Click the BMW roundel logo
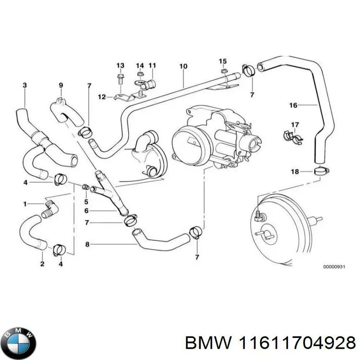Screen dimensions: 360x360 pyautogui.click(x=18, y=336)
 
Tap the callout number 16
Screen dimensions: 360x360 pyautogui.click(x=293, y=106)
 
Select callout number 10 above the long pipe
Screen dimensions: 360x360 pyautogui.click(x=183, y=67)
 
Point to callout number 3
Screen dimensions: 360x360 pyautogui.click(x=25, y=85)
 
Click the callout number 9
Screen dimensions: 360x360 pyautogui.click(x=61, y=85)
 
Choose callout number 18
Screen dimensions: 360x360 pyautogui.click(x=294, y=171)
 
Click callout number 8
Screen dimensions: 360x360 pyautogui.click(x=87, y=244)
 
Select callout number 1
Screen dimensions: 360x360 pyautogui.click(x=26, y=204)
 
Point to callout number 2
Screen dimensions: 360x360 pyautogui.click(x=42, y=264)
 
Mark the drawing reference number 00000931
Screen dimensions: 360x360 pyautogui.click(x=333, y=267)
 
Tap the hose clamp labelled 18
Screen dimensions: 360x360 pyautogui.click(x=321, y=171)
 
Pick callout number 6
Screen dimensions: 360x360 pyautogui.click(x=87, y=211)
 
